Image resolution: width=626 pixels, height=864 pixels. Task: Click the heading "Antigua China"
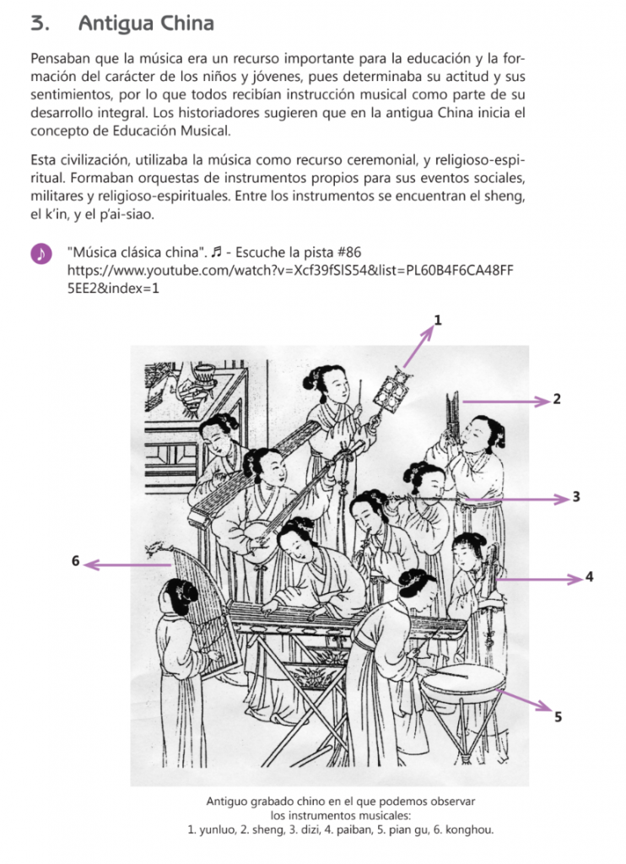[x=146, y=24]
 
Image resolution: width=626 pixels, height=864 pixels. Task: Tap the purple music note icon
[x=40, y=253]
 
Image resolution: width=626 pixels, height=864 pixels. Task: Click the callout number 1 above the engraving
[x=438, y=320]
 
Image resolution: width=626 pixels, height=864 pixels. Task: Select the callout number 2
[x=557, y=399]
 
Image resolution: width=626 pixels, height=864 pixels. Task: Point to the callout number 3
[x=576, y=497]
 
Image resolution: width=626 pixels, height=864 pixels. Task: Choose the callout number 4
[x=590, y=577]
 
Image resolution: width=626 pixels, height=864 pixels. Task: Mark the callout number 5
[x=559, y=717]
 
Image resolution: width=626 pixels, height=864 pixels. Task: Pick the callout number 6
[x=75, y=561]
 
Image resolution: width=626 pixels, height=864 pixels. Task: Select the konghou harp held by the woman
[x=205, y=612]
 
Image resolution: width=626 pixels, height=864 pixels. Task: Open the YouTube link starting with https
[x=290, y=279]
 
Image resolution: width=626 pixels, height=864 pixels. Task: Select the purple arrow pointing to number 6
[x=128, y=564]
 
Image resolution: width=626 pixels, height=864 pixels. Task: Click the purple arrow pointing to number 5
[x=524, y=699]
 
